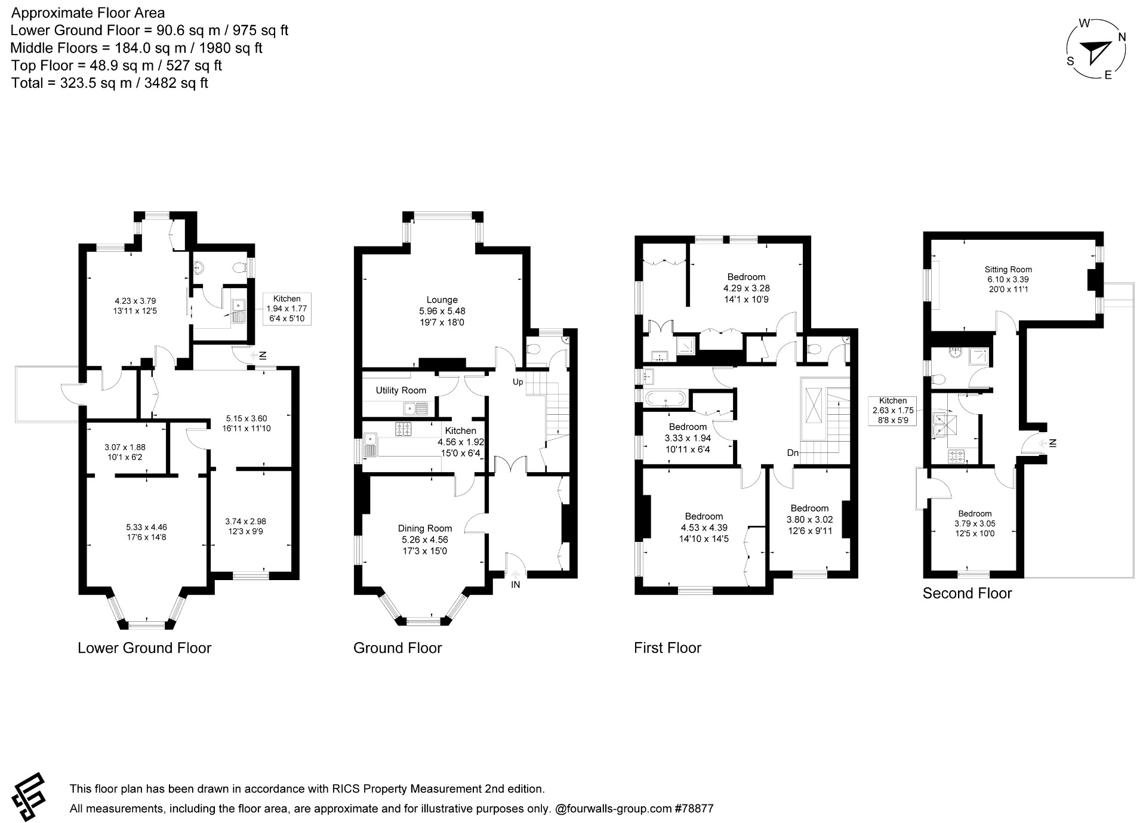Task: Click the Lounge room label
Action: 442,300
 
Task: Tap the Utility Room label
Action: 401,390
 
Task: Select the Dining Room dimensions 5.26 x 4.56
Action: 424,540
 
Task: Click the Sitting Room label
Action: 1008,269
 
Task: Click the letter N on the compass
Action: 1122,37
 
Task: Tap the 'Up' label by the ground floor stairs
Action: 517,381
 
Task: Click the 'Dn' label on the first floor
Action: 792,453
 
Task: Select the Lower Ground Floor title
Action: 144,648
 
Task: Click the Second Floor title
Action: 967,593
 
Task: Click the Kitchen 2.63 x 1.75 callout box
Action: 892,410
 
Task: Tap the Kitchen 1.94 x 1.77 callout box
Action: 286,309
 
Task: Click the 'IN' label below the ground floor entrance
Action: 515,585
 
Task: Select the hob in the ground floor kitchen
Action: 403,428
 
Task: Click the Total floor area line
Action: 109,83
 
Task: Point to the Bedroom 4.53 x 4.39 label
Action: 704,516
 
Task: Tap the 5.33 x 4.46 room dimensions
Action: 146,527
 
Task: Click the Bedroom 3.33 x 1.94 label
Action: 688,427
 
